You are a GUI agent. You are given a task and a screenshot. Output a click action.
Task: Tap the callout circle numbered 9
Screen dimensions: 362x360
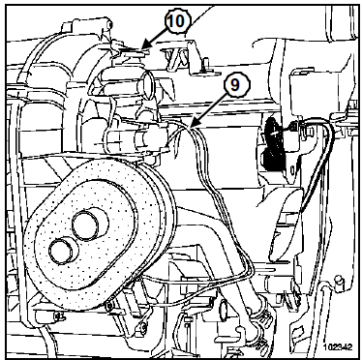coord(235,85)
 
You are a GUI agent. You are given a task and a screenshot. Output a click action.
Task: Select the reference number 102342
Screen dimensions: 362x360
coord(338,347)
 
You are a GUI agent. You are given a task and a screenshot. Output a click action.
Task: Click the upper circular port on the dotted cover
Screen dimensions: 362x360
coord(86,225)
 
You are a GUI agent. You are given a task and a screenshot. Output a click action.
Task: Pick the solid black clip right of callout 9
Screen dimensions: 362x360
coord(273,144)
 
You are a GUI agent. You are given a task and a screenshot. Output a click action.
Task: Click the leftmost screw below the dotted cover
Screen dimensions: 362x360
coord(58,315)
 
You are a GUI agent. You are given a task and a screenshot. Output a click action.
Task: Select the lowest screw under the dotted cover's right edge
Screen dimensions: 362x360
coord(142,328)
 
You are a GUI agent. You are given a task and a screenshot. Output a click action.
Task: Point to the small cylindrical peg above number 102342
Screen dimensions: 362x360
coord(339,283)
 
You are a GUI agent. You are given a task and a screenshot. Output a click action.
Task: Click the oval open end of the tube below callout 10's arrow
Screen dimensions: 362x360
coord(148,83)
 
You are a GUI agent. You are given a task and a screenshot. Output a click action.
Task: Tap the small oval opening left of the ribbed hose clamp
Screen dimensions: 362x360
coord(224,309)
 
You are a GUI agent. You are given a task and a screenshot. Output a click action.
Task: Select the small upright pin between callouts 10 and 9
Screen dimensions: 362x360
coord(204,64)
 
